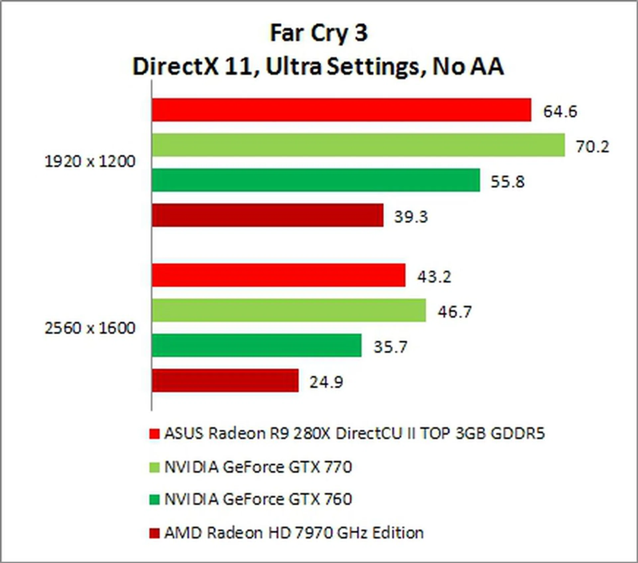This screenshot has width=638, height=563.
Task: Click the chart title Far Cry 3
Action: (319, 33)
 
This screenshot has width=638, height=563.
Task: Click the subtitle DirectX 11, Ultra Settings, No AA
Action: (318, 66)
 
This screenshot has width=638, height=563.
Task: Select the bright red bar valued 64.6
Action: (341, 110)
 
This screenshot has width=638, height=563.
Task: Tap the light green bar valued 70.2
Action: (358, 145)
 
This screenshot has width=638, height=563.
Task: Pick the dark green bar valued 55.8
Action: (316, 180)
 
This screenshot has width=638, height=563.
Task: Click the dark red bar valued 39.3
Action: (267, 215)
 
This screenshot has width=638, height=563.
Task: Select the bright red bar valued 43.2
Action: (278, 275)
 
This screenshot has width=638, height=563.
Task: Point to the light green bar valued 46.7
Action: (289, 310)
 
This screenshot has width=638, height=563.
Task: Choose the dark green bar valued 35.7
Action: (257, 346)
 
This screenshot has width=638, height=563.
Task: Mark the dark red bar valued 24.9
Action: (225, 381)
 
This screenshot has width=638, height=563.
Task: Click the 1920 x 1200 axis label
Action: (90, 162)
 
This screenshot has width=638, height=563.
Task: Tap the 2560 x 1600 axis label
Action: (90, 328)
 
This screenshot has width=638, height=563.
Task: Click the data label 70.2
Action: (592, 147)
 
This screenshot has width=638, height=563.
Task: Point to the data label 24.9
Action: (326, 382)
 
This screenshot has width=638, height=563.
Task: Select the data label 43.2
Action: (434, 277)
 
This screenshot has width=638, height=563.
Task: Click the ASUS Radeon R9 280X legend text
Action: (354, 433)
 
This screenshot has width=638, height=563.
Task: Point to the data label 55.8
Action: (507, 182)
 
